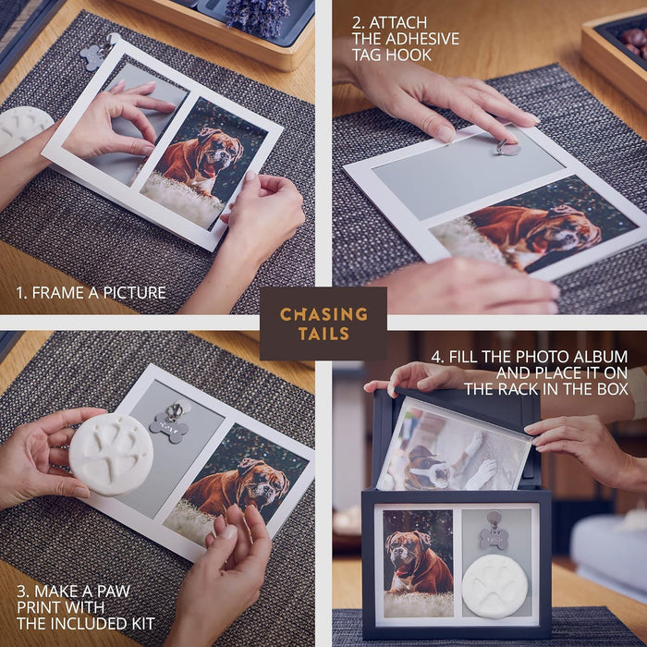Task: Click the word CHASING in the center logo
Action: coord(323,314)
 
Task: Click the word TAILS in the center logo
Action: coord(323,334)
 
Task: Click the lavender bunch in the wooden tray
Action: coord(258,16)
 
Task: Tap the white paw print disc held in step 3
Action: coord(111,455)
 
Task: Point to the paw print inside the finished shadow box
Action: coord(494,586)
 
